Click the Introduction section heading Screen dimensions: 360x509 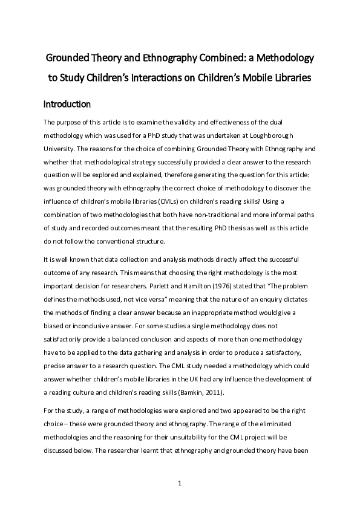pyautogui.click(x=67, y=104)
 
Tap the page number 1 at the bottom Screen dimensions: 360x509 pyautogui.click(x=180, y=483)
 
